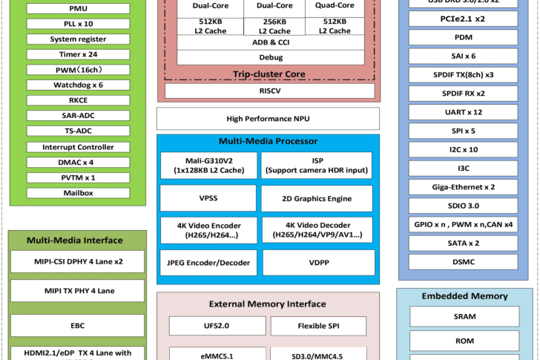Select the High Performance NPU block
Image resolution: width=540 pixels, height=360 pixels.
pyautogui.click(x=268, y=119)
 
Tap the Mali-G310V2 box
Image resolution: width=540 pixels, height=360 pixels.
pyautogui.click(x=209, y=165)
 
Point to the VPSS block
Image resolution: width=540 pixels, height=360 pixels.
pyautogui.click(x=209, y=199)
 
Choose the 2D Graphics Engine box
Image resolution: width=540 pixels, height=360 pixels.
pyautogui.click(x=317, y=199)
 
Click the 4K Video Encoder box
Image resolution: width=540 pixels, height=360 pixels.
pyautogui.click(x=209, y=230)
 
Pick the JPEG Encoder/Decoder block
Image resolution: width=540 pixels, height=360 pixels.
pyautogui.click(x=209, y=263)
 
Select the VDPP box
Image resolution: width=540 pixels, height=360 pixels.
pyautogui.click(x=317, y=263)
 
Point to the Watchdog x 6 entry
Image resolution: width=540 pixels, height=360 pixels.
pyautogui.click(x=78, y=85)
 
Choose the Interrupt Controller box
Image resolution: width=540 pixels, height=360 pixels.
pyautogui.click(x=78, y=147)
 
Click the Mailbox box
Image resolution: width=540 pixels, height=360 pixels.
pyautogui.click(x=78, y=193)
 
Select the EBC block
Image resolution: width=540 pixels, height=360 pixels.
pyautogui.click(x=78, y=325)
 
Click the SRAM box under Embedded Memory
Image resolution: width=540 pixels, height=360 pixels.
pyautogui.click(x=464, y=316)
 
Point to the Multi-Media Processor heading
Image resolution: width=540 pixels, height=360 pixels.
pyautogui.click(x=268, y=141)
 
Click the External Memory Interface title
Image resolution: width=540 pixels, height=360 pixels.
pyautogui.click(x=267, y=304)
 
